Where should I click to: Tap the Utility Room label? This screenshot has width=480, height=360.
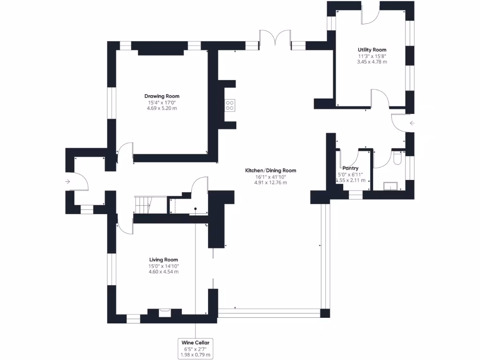coord(372,50)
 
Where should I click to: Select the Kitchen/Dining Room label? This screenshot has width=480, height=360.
coord(271,170)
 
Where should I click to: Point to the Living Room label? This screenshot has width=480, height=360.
coord(164,260)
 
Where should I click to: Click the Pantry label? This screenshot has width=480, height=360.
coord(351,168)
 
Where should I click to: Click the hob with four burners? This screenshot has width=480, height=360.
coord(230,105)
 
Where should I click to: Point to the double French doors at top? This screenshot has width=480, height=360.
coord(275,38)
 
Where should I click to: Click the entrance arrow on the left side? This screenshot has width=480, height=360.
coord(68,181)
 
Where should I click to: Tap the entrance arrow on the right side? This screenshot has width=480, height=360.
coord(412,124)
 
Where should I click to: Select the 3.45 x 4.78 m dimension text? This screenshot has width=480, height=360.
coord(372,62)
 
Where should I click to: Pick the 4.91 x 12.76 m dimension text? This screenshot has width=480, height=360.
coord(271,182)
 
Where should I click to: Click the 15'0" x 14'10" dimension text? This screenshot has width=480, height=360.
coord(164,266)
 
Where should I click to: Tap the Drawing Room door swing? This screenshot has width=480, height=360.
coord(125,153)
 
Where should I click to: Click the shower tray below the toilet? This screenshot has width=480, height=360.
coord(390,186)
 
